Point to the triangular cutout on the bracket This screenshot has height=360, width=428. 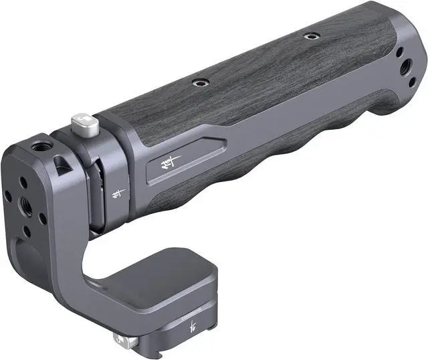point(62,163)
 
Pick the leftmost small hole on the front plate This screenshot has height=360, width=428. point(8,195)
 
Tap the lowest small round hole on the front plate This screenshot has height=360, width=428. point(27,231)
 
